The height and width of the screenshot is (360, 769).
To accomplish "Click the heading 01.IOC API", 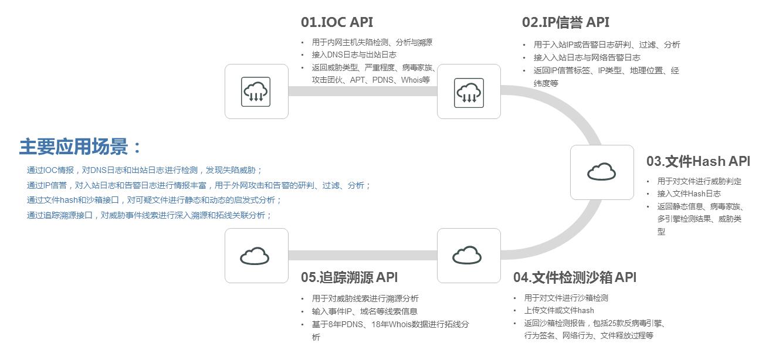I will point(337,22).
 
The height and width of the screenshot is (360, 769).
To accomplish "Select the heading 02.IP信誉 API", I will point(565,22).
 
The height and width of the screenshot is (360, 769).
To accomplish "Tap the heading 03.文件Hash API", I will point(698,161).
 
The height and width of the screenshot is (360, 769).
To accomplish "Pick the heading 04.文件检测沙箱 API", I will point(574,277).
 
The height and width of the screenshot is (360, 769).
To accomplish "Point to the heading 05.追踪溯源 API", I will point(349,277).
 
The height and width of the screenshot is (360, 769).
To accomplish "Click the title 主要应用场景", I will point(80,147).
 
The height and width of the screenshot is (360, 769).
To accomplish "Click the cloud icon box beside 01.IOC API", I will point(256,91).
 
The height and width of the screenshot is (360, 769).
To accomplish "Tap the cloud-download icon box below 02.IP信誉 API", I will point(469,91).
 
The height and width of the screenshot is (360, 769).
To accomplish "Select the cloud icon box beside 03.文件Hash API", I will point(602,172).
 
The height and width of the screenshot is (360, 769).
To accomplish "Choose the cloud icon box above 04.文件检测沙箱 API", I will point(469,256).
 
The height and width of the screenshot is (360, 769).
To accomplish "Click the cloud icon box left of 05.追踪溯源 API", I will point(256,256).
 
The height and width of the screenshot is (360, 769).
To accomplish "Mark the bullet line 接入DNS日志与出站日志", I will point(354,55).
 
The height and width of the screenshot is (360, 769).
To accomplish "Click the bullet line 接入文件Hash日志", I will point(689,193).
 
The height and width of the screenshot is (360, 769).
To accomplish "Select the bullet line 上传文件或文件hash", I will point(559,310).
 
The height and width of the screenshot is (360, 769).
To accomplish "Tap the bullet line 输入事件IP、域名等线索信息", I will point(364,311).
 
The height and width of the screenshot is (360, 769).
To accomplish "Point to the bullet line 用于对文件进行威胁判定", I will point(699,181).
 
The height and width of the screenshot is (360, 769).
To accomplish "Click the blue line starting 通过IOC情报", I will point(144,170).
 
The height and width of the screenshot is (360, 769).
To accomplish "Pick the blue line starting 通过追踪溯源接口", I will point(149,215).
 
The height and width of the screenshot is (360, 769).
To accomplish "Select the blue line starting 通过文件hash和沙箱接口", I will point(154,200).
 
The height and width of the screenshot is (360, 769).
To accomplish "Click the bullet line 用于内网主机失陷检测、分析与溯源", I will point(372,42).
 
